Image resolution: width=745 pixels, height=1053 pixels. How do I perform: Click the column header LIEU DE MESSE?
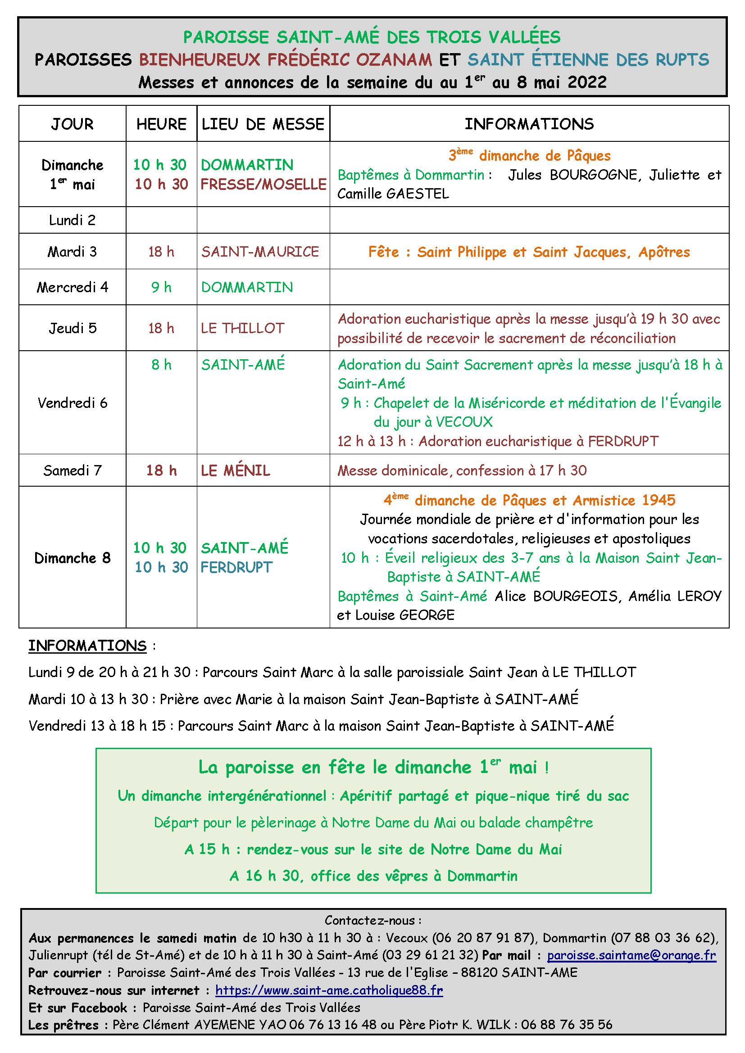click(x=263, y=124)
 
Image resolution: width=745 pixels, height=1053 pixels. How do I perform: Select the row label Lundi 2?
click(x=72, y=220)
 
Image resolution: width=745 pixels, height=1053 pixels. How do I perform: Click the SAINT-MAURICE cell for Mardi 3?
click(x=260, y=251)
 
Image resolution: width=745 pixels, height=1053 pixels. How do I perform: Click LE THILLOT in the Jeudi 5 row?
click(x=243, y=328)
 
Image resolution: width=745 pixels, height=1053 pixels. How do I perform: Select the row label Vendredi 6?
click(x=72, y=402)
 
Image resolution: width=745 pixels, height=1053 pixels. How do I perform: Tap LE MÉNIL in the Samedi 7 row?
click(x=235, y=470)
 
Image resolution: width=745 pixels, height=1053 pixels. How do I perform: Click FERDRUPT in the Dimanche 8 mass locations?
click(x=237, y=567)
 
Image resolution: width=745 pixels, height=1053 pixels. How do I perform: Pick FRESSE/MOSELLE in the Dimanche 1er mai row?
click(x=263, y=185)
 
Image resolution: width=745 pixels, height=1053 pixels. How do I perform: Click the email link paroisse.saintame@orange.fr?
click(x=631, y=955)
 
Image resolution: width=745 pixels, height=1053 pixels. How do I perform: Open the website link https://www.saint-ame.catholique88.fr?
click(x=329, y=990)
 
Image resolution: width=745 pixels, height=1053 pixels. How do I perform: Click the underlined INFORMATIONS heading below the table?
click(x=87, y=646)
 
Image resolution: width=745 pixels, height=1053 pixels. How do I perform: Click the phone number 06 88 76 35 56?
click(x=567, y=1025)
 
